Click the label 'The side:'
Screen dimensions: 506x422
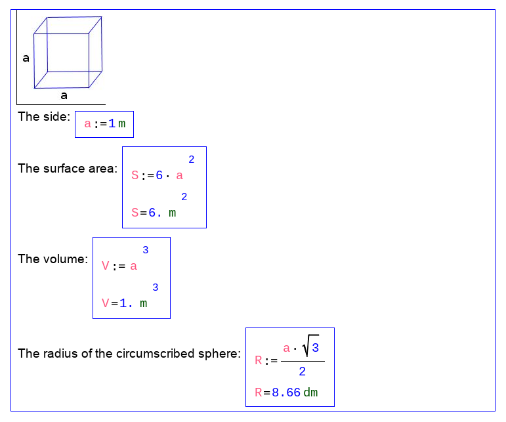point(44,116)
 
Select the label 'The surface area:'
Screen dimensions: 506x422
point(68,169)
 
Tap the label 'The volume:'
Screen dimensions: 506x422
point(53,259)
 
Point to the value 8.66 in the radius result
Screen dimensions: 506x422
point(286,392)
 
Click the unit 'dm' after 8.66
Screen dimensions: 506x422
point(311,392)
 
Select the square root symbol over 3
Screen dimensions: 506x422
point(310,345)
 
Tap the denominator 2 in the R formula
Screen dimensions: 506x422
point(302,371)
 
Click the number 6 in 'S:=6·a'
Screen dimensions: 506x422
point(159,175)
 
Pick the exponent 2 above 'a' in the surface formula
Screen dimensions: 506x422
point(192,159)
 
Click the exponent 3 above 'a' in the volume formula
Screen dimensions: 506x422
point(146,249)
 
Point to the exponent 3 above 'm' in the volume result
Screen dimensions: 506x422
point(156,287)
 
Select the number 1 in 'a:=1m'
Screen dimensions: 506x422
point(112,123)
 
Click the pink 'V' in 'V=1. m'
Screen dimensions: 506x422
point(106,303)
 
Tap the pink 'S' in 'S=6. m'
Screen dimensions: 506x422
point(135,213)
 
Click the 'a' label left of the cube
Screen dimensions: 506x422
point(26,58)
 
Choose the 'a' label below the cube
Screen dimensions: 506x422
point(64,96)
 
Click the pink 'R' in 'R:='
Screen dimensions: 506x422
point(259,360)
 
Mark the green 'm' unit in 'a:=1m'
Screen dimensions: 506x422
point(121,124)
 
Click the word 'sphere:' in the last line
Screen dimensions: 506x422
point(219,354)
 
